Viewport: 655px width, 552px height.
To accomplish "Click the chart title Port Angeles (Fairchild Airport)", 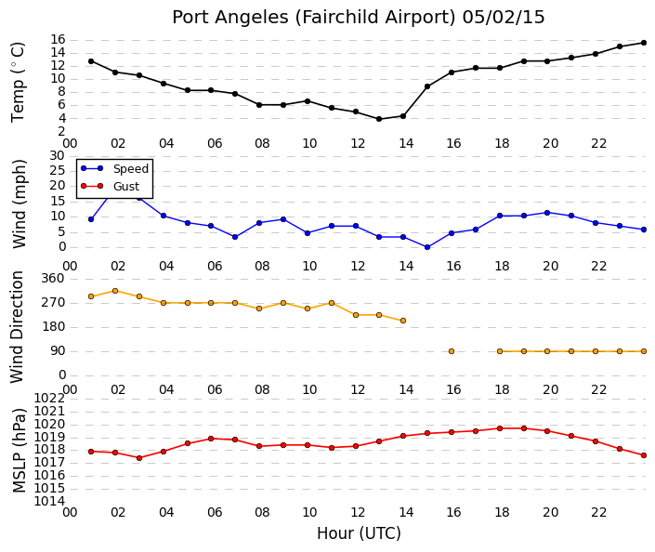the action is [314, 18].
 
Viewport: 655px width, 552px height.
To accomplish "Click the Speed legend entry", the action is [114, 169].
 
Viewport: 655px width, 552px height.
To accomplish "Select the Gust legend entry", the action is [110, 187].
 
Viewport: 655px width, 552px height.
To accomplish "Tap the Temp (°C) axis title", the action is [18, 83].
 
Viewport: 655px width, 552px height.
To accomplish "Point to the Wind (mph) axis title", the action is [20, 204].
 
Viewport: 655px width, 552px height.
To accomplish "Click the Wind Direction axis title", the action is [17, 327].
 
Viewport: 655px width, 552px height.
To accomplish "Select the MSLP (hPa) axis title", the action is [20, 451].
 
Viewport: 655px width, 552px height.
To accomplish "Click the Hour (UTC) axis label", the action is [359, 533].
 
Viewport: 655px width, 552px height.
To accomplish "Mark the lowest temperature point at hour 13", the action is [379, 119].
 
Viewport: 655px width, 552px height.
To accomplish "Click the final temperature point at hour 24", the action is [644, 43].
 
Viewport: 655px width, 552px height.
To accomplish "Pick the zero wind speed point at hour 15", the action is [427, 247].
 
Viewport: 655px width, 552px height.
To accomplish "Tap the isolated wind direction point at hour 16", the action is [452, 351].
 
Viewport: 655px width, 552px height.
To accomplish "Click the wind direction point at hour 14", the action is [403, 321].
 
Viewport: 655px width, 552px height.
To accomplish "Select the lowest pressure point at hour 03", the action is [139, 458].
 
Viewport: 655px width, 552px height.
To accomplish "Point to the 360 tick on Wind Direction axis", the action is [53, 279].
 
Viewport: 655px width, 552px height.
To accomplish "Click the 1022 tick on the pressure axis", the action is [49, 399].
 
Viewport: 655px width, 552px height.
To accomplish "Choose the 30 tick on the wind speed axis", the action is [58, 156].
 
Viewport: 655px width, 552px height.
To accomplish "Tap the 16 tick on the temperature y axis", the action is [58, 40].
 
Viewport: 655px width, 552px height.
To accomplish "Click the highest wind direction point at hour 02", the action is [115, 291].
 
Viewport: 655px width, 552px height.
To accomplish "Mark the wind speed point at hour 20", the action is [547, 213].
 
